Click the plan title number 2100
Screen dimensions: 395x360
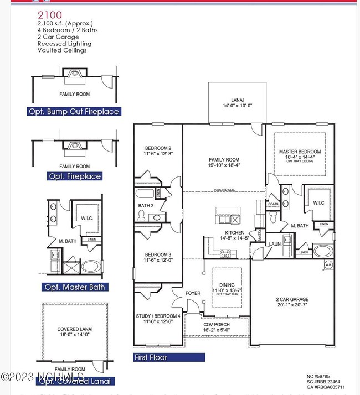(x=50, y=15)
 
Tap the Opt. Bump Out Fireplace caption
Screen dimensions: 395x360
(x=74, y=111)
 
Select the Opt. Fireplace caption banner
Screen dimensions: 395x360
(x=75, y=176)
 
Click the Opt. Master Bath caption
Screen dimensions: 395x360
(x=74, y=287)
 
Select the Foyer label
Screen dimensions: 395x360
(x=193, y=294)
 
